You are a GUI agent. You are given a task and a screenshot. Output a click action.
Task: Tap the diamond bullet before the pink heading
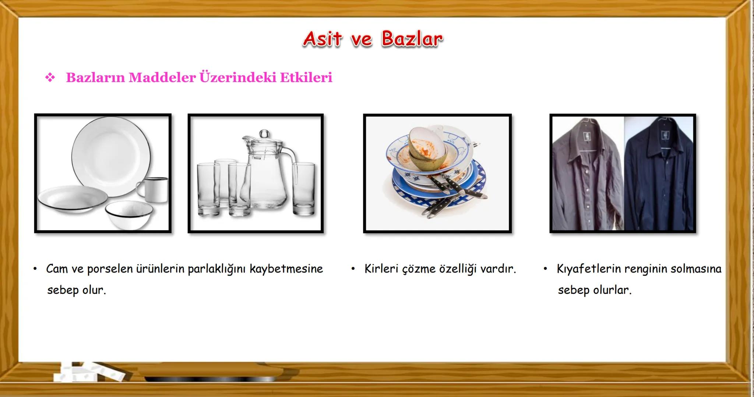tap(50, 78)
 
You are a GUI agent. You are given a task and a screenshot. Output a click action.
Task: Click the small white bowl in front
tap(129, 214)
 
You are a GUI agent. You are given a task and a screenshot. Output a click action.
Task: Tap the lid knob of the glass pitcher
tap(264, 133)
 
